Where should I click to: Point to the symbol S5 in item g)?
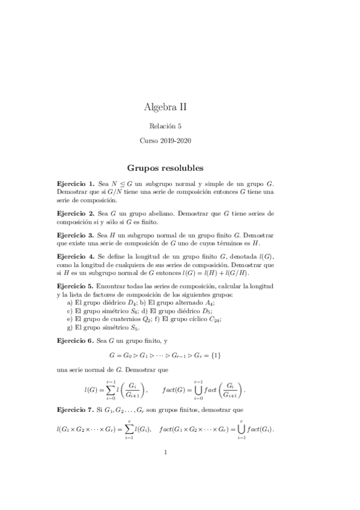135,328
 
